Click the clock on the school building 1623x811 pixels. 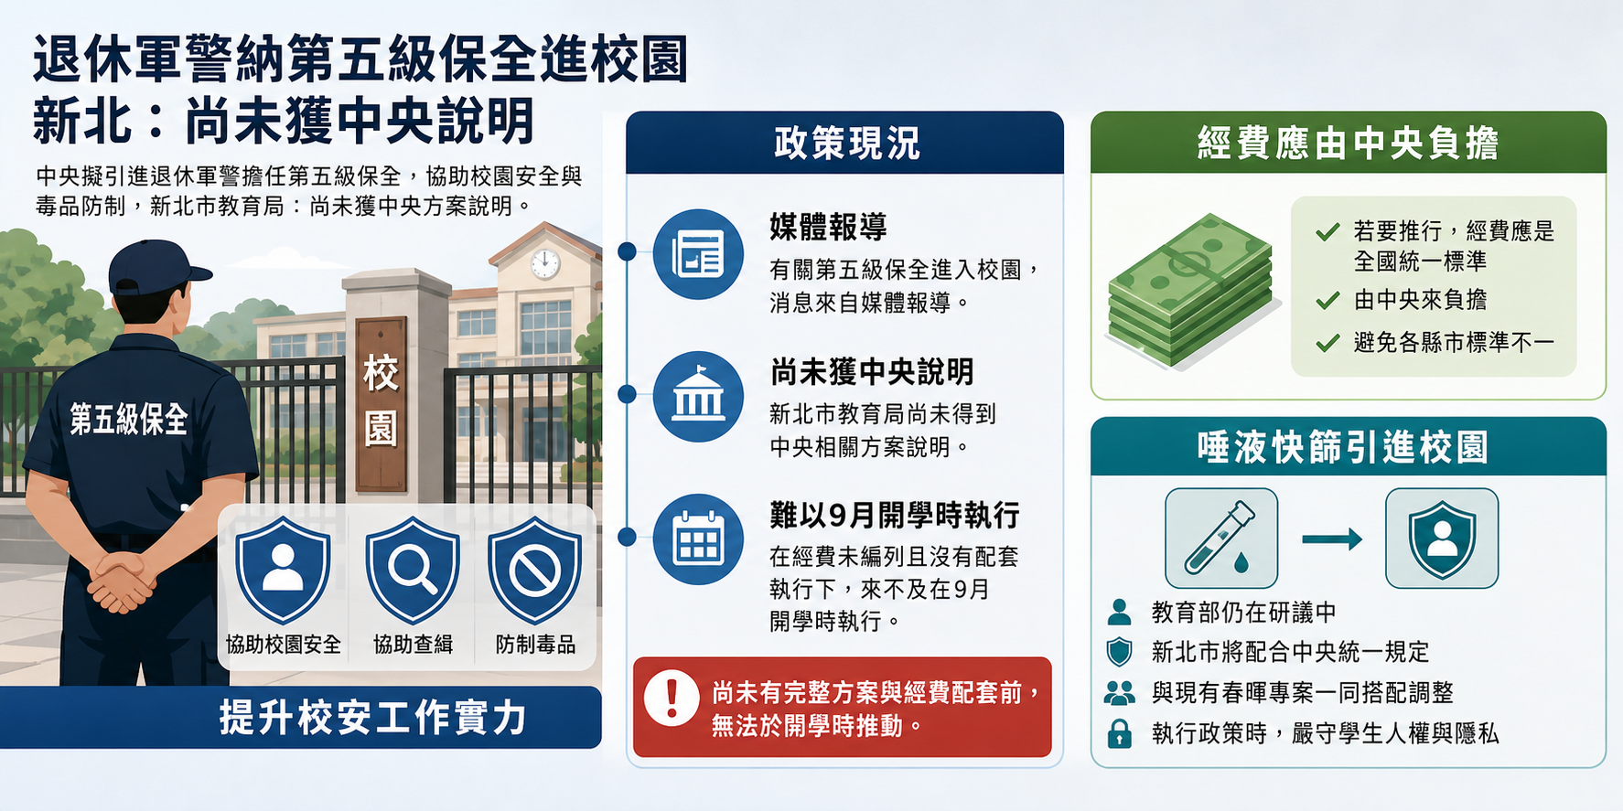[x=545, y=263]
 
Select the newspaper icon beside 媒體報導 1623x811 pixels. [x=698, y=254]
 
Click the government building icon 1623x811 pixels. [x=698, y=397]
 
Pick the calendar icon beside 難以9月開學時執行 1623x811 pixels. [x=698, y=539]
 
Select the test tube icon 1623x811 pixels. [x=1221, y=538]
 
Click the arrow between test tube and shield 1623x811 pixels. [x=1332, y=539]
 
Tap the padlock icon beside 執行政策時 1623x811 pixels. [x=1119, y=733]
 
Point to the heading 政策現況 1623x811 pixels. [x=846, y=144]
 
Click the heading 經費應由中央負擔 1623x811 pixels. [x=1349, y=144]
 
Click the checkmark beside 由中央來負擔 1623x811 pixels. [x=1327, y=300]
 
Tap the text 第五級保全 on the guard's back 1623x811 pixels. [x=129, y=420]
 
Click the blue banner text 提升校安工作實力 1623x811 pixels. [x=373, y=718]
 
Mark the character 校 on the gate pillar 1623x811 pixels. [x=381, y=374]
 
